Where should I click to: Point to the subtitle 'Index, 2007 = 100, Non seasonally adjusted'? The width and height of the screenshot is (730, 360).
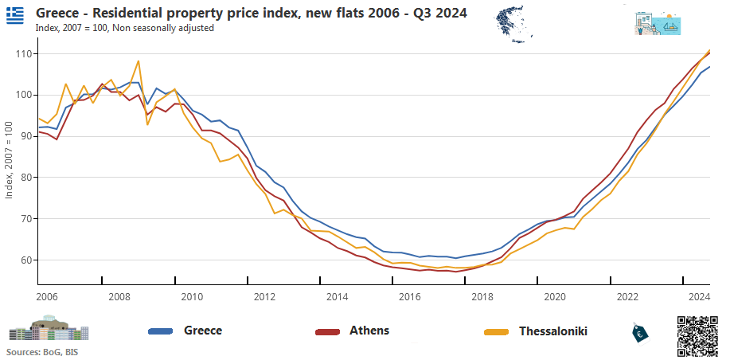tap(125, 28)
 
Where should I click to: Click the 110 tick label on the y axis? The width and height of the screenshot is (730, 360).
tap(22, 53)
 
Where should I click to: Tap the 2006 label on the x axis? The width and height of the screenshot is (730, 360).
tap(48, 297)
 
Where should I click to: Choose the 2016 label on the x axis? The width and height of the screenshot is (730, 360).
tap(410, 297)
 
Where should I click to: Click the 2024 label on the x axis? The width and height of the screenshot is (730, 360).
tap(700, 297)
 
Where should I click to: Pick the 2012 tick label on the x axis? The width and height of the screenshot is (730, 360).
tap(265, 297)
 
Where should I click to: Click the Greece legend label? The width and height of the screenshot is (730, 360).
tap(203, 331)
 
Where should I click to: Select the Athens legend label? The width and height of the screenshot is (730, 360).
tap(369, 331)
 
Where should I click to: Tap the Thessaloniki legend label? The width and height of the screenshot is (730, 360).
tap(553, 331)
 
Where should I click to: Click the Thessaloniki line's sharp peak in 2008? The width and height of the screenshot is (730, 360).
tap(139, 61)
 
